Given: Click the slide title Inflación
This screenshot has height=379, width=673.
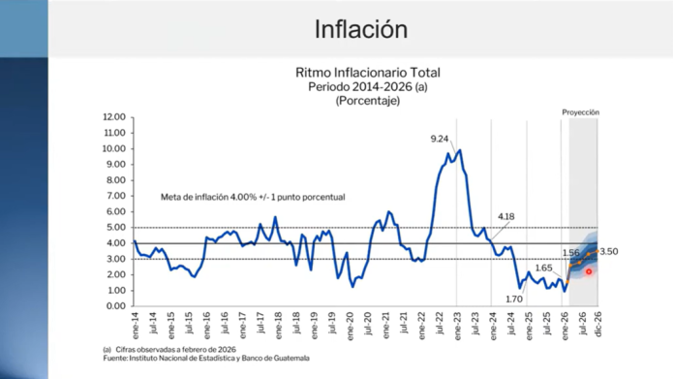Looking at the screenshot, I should click(x=360, y=29).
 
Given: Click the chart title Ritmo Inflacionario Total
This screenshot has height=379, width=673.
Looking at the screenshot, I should click(x=368, y=73).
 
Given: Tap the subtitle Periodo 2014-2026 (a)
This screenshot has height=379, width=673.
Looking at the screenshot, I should click(x=368, y=86).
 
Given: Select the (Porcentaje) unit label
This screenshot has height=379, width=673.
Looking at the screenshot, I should click(x=368, y=100).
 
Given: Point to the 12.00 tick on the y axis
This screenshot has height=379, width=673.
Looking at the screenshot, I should click(x=114, y=117).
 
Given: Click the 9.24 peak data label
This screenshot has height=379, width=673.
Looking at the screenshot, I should click(x=442, y=139).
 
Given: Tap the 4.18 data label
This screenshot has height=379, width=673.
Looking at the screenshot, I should click(x=506, y=215).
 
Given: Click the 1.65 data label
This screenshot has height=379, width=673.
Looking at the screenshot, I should click(x=543, y=268).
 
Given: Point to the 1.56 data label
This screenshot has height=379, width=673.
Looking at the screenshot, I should click(x=569, y=253).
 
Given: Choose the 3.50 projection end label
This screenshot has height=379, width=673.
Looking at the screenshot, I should click(x=610, y=252).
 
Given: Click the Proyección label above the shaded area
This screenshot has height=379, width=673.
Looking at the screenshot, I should click(x=581, y=113).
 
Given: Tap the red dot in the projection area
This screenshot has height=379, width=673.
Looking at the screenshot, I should click(x=589, y=271).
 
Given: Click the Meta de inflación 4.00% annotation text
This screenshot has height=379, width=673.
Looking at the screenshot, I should click(x=253, y=197).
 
